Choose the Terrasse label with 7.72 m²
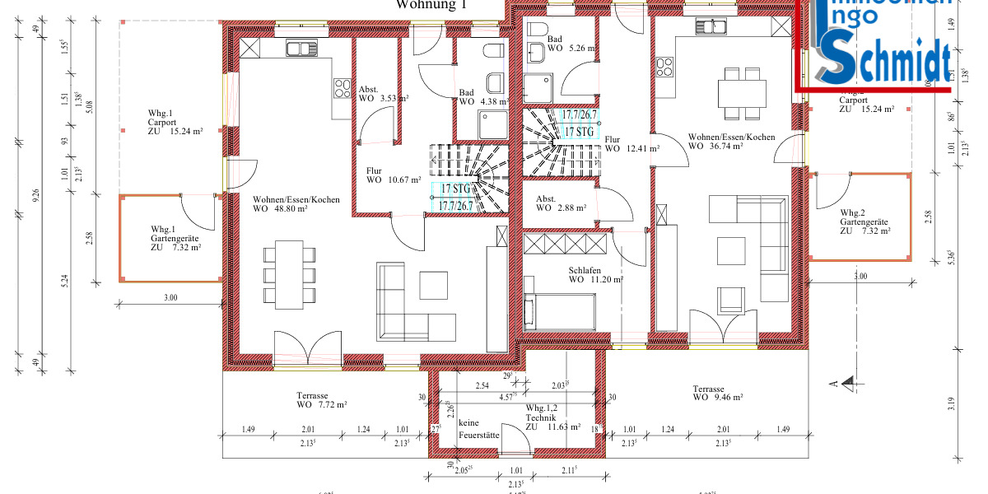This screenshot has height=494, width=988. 322,400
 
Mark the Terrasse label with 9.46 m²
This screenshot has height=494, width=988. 718,393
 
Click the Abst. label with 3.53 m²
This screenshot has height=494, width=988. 377,94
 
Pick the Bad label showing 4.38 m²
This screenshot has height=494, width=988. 480,97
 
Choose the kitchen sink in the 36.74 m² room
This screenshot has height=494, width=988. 711,27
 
